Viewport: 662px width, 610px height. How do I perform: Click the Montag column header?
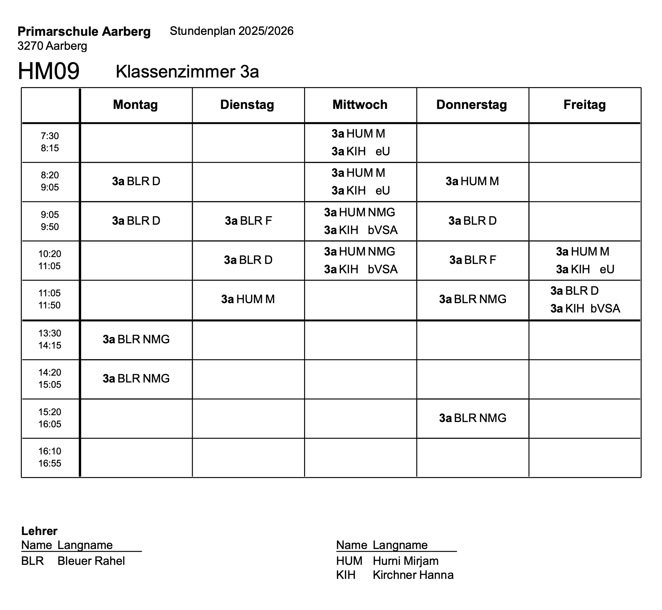click(135, 105)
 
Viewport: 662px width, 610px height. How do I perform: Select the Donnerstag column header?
click(471, 105)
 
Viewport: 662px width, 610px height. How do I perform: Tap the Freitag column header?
click(584, 105)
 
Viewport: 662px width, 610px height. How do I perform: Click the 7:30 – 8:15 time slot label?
click(50, 142)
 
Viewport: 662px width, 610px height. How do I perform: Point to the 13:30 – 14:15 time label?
click(50, 339)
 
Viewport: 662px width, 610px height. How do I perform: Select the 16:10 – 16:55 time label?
click(50, 457)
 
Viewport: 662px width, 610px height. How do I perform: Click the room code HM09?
click(49, 71)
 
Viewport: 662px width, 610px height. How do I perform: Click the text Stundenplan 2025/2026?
click(231, 31)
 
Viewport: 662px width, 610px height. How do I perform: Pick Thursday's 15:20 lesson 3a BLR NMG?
click(472, 418)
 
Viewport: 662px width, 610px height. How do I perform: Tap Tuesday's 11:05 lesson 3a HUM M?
click(248, 299)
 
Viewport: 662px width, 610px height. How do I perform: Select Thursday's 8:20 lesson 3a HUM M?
click(472, 181)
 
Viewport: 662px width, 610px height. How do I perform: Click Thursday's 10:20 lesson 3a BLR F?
click(472, 260)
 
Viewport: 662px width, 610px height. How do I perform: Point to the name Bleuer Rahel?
click(91, 561)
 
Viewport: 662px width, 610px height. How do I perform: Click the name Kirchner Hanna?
click(413, 575)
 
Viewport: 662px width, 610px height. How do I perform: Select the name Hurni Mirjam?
click(405, 561)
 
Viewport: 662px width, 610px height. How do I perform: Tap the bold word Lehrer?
click(39, 531)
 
